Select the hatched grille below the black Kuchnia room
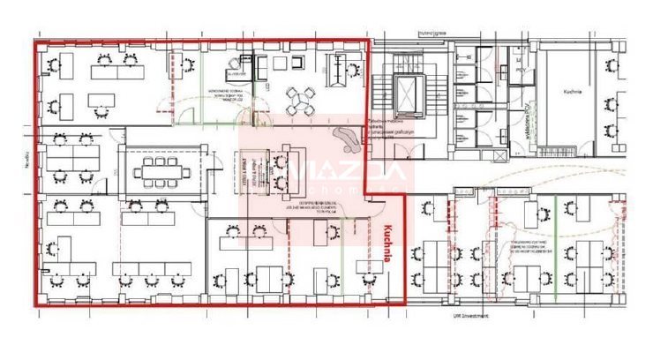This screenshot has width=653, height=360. (x=565, y=154)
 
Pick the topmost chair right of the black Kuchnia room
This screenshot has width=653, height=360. (x=611, y=63)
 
